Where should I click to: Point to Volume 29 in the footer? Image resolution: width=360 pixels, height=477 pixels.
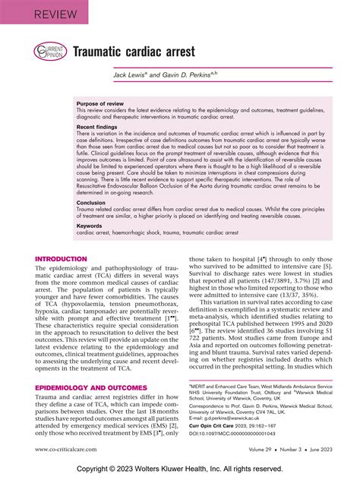coord(240,450)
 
